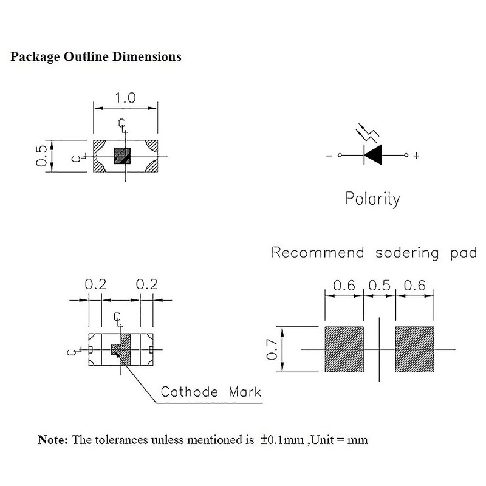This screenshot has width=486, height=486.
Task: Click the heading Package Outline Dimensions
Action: click(x=96, y=57)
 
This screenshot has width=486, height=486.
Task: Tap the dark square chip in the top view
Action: click(x=123, y=156)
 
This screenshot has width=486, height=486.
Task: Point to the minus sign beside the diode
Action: click(x=329, y=156)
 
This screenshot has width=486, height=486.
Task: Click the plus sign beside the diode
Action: click(x=417, y=156)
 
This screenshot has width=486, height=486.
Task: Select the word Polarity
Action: click(x=372, y=199)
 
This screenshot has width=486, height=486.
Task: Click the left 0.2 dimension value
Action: click(x=95, y=284)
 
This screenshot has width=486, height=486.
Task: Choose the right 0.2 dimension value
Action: click(x=146, y=284)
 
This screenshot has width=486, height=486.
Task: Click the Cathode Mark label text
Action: click(x=210, y=392)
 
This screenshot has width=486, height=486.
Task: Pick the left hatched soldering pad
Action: click(x=344, y=349)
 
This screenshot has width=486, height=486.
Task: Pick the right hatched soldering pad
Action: click(x=415, y=349)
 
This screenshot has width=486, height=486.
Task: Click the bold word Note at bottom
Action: click(x=53, y=439)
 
